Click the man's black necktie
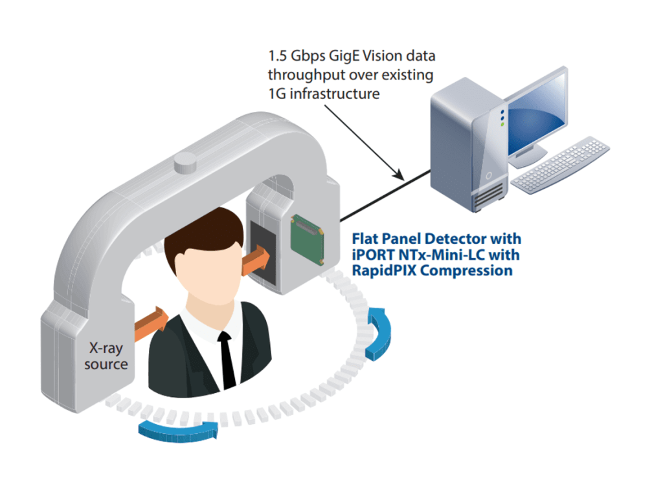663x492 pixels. click(227, 359)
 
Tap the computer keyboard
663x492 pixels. click(561, 164)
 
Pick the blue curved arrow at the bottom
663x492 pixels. click(177, 429)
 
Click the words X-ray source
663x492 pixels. click(106, 356)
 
